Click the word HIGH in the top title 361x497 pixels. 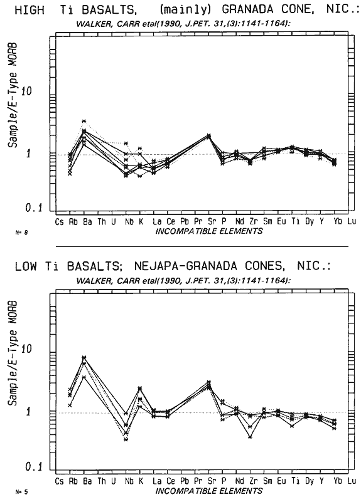coord(30,10)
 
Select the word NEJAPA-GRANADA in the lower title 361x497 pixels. coord(186,266)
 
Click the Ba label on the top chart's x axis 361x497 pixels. coord(87,222)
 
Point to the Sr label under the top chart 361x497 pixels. coord(212,222)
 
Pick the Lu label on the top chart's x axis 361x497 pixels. coord(352,221)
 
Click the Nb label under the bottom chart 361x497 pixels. coord(129,481)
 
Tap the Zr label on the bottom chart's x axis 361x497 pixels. coord(253,481)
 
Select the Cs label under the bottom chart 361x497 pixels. coord(60,481)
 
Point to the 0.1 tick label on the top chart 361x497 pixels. coord(34,208)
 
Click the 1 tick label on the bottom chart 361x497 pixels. coord(29,412)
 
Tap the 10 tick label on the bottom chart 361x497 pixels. coord(26,349)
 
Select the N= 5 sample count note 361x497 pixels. coord(21,492)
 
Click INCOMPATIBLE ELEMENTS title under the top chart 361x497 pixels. coord(209,231)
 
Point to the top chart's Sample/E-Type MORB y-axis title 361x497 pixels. coord(13,95)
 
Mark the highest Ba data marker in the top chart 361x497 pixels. coord(84,121)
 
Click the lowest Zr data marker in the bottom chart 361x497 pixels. coord(251,437)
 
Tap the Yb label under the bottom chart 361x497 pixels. coord(338,481)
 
